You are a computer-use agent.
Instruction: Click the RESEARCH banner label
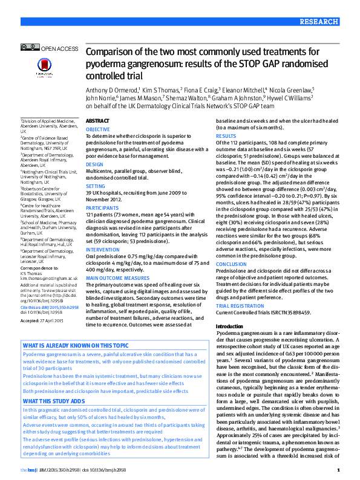[334, 21]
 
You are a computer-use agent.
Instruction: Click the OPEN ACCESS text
[59, 48]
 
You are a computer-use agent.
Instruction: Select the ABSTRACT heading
[98, 121]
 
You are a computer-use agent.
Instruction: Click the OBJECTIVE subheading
[98, 130]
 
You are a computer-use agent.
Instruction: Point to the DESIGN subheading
[94, 164]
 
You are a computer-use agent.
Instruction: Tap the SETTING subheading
[95, 187]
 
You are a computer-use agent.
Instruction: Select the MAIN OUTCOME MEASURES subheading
[117, 277]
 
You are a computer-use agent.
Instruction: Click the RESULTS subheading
[226, 137]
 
